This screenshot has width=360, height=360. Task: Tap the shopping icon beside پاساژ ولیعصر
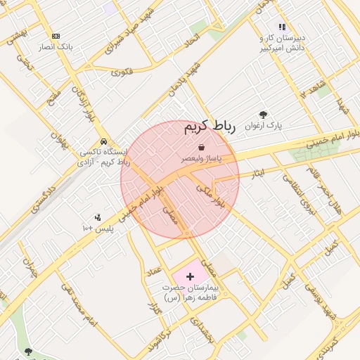(x=202, y=148)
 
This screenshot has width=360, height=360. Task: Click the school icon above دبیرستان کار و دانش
(x=282, y=27)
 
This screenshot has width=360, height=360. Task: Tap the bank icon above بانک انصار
(x=56, y=36)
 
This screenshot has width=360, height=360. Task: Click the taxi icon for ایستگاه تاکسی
(x=104, y=141)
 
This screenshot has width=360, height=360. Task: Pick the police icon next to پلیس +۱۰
(x=98, y=217)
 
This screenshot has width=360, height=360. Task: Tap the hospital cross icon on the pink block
(x=190, y=277)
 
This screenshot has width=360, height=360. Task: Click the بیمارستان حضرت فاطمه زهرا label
(x=191, y=293)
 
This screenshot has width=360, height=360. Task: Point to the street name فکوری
(x=121, y=72)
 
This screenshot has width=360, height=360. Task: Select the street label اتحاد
(x=192, y=44)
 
